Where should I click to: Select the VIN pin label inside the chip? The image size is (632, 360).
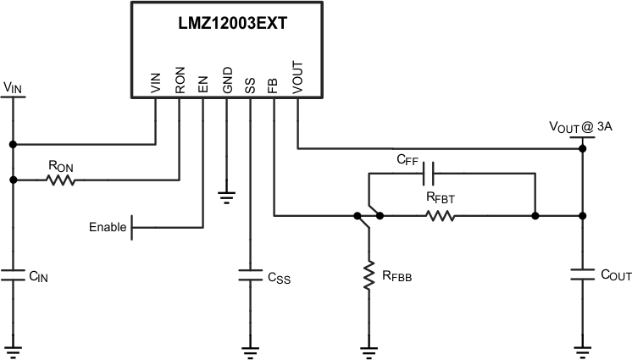[156, 83]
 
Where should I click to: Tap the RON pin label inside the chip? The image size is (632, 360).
[180, 81]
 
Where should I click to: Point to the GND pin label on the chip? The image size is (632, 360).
[227, 81]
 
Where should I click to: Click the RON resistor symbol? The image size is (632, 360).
[62, 180]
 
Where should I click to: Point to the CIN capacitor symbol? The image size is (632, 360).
[13, 274]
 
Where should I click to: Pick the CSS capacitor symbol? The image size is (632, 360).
[250, 274]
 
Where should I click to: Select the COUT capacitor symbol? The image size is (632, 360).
[582, 274]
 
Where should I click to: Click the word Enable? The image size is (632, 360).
[108, 227]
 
